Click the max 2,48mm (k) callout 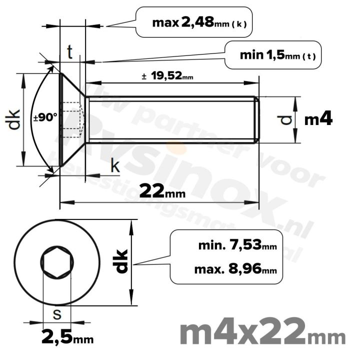click(x=199, y=22)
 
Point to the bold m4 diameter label click(x=318, y=119)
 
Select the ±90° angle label click(x=45, y=118)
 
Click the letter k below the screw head click(x=115, y=166)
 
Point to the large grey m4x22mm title click(x=261, y=332)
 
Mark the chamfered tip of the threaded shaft click(x=257, y=119)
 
